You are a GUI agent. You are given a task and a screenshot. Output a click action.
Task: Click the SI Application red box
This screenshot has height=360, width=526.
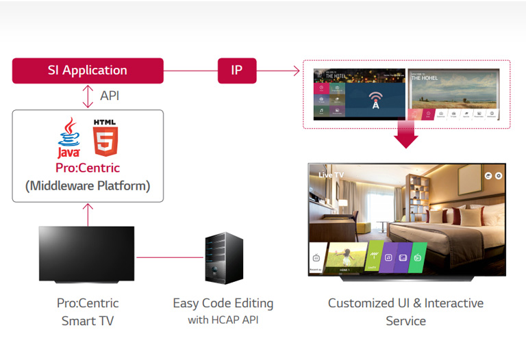[88, 70]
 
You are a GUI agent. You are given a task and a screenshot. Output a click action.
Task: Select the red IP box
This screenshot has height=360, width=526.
[236, 70]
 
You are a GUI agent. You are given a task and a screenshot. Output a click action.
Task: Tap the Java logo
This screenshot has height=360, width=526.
[68, 138]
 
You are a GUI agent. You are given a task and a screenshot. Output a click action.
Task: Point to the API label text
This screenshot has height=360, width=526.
[110, 96]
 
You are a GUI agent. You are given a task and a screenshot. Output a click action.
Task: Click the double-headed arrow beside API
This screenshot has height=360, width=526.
[88, 96]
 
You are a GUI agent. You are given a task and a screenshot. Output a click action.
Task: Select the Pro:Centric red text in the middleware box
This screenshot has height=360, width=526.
[88, 168]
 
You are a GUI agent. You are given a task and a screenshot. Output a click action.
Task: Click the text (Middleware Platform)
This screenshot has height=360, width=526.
[88, 185]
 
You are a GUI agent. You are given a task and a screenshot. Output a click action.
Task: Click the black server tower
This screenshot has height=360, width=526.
[224, 259]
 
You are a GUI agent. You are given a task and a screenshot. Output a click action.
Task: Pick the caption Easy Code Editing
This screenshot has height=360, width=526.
[223, 303]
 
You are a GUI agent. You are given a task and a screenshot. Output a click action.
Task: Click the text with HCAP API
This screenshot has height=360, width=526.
[223, 320]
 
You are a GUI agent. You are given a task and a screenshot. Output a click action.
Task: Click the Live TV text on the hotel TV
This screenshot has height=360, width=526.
[331, 175]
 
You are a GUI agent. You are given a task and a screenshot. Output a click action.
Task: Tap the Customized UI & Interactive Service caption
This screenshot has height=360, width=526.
[405, 311]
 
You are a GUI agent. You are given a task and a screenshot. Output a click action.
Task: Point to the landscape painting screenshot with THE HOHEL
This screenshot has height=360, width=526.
[454, 89]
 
